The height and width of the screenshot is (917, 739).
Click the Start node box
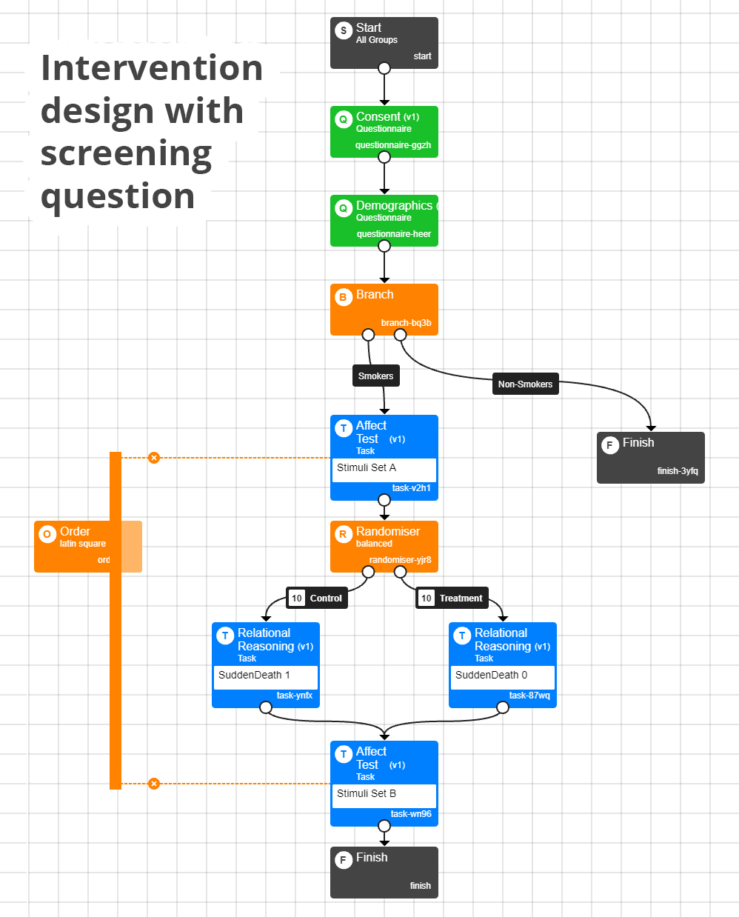pyautogui.click(x=384, y=42)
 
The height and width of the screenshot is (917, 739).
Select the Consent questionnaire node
pyautogui.click(x=384, y=131)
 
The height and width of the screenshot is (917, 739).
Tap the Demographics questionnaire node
pyautogui.click(x=384, y=220)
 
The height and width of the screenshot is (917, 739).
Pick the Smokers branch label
pyautogui.click(x=375, y=376)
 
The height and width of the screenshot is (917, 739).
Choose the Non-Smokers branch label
pyautogui.click(x=525, y=384)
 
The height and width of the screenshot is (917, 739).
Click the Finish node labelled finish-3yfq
pyautogui.click(x=650, y=457)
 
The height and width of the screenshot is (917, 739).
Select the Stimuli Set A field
pyautogui.click(x=384, y=469)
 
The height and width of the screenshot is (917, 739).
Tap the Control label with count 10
pyautogui.click(x=317, y=598)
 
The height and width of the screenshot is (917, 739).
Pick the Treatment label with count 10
pyautogui.click(x=452, y=598)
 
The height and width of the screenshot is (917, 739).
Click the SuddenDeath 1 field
pyautogui.click(x=265, y=676)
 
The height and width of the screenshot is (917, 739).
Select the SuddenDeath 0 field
pyautogui.click(x=502, y=676)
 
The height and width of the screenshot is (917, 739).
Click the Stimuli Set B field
pyautogui.click(x=384, y=795)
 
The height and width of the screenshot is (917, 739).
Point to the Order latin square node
pyautogui.click(x=74, y=546)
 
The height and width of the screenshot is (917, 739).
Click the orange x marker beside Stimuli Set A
pyautogui.click(x=154, y=458)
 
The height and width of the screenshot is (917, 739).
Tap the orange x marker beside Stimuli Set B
pyautogui.click(x=154, y=784)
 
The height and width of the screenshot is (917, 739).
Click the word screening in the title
pyautogui.click(x=126, y=154)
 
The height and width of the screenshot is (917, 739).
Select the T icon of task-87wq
pyautogui.click(x=462, y=636)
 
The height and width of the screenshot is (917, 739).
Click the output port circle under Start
pyautogui.click(x=384, y=68)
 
